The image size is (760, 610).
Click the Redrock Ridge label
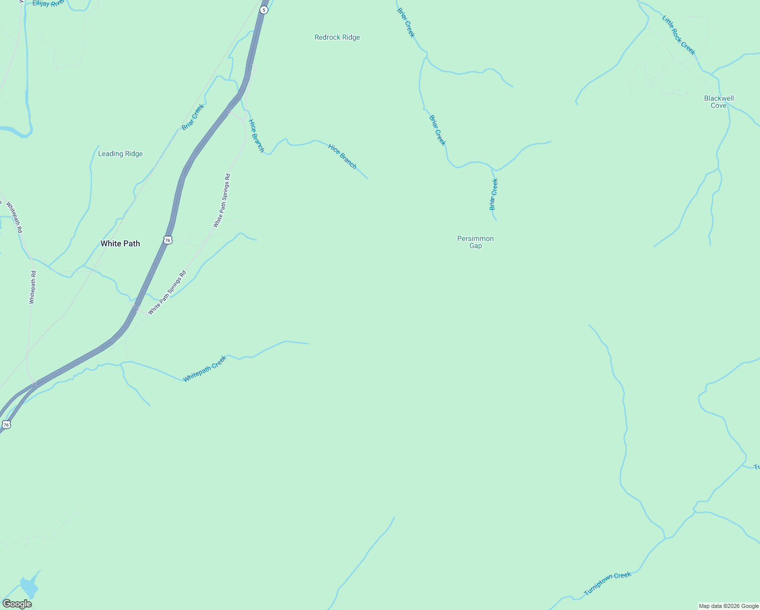337,38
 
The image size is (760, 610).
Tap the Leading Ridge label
120,154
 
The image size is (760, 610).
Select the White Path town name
120,243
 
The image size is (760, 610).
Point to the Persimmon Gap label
476,242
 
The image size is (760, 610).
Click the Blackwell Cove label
719,102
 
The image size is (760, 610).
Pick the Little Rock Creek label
678,35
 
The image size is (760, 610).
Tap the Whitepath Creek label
205,369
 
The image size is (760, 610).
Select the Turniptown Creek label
607,584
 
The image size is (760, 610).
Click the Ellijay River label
49,4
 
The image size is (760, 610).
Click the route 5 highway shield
264,10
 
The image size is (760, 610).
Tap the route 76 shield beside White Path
168,239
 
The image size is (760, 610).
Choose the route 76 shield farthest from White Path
6,424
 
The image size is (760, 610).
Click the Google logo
17,604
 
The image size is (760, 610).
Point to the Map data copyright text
729,606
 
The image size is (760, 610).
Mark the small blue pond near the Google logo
29,587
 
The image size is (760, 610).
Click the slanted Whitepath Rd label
14,217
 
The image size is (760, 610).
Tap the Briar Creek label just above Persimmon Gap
493,194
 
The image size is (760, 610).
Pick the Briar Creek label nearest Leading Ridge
193,117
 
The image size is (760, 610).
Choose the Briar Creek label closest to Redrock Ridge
406,22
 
